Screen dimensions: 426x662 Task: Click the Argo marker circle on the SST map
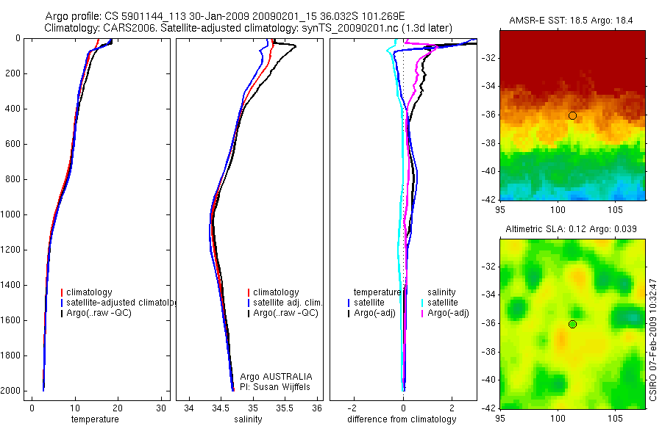coord(572,116)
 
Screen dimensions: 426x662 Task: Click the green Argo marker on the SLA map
coord(572,324)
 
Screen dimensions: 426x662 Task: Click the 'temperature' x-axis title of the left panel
coord(94,419)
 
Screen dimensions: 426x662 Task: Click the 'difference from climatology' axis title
coord(402,419)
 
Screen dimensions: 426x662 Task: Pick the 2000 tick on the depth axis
coord(11,391)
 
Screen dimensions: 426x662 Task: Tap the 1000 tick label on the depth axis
coord(11,214)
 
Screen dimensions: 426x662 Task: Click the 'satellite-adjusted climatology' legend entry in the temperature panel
coord(118,303)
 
